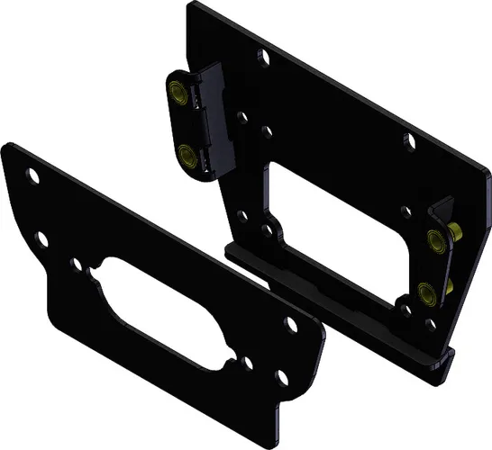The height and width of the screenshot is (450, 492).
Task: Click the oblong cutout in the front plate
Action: click(x=171, y=310)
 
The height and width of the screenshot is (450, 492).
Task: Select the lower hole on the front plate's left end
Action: click(x=41, y=235)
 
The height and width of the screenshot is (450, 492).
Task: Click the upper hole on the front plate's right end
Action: click(x=290, y=321)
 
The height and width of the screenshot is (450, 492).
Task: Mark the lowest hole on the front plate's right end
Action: click(x=283, y=379)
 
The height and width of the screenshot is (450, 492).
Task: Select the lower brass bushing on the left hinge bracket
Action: click(x=187, y=155)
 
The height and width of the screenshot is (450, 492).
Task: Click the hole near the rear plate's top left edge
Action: click(x=267, y=58)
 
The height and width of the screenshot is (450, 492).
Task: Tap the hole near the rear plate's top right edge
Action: click(x=409, y=141)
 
